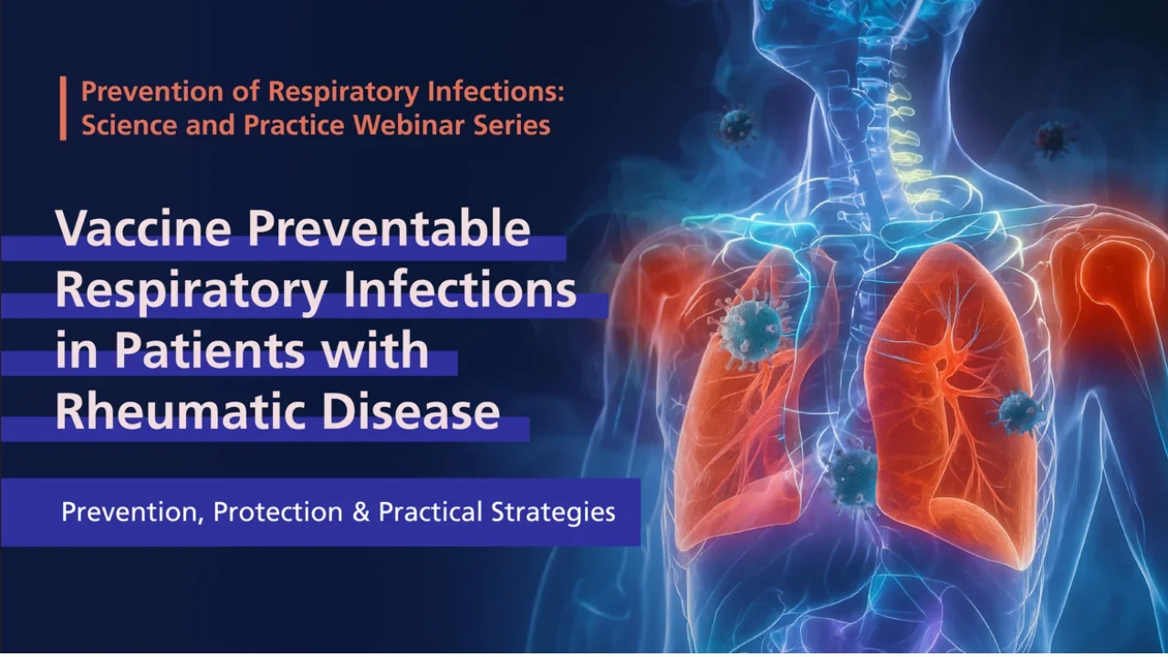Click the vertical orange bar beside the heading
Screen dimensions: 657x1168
point(64,108)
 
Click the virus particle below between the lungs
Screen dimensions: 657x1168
point(853,476)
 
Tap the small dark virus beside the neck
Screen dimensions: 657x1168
point(735,126)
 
